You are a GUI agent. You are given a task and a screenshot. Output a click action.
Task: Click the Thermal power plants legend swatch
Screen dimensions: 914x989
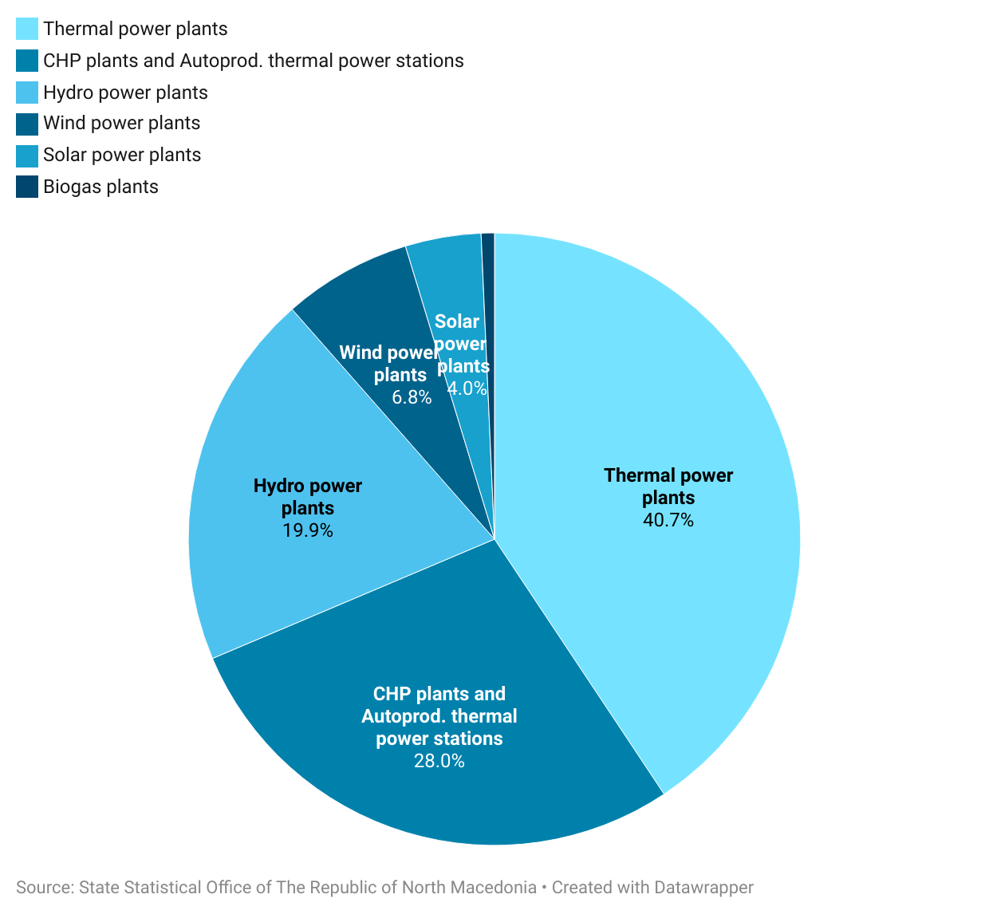27,29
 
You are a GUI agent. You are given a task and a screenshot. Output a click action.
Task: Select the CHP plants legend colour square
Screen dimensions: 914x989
27,61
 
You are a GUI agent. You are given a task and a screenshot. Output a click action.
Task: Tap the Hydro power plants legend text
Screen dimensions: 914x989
125,93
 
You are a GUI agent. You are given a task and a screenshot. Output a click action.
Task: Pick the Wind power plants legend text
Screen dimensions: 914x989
121,123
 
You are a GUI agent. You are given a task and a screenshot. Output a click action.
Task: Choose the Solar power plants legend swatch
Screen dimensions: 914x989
27,155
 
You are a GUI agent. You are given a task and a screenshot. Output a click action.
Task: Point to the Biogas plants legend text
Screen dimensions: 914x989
100,187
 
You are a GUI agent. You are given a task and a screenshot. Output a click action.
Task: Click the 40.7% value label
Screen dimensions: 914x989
668,520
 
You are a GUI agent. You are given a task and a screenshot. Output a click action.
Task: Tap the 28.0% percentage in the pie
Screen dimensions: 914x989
439,761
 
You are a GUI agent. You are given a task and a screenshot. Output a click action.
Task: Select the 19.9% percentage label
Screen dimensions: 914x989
308,530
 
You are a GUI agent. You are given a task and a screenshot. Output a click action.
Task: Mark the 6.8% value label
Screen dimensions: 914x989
412,397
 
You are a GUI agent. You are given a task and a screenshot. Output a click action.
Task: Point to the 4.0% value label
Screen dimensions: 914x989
467,388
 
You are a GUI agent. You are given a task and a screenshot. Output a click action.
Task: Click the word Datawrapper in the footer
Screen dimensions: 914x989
703,888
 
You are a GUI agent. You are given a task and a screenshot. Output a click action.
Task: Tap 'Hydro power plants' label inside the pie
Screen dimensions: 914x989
308,496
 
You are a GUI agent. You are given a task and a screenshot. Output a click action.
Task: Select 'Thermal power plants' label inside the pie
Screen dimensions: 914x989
668,486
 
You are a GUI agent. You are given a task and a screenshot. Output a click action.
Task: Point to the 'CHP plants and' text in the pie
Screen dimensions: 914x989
439,694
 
